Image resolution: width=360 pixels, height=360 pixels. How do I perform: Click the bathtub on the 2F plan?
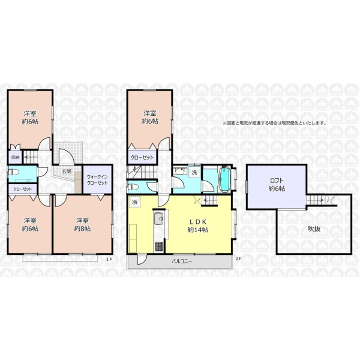(x=225, y=179)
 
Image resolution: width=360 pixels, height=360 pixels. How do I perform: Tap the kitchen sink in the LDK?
(x=158, y=218)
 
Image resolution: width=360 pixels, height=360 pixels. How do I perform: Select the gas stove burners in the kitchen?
(x=159, y=247)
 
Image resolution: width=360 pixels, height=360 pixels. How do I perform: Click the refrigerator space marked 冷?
(x=135, y=202)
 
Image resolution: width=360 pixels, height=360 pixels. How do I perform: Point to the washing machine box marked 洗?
(x=194, y=172)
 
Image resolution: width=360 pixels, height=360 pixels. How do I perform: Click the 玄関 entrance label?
(x=67, y=171)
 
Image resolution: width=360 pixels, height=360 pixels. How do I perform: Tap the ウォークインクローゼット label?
(x=97, y=180)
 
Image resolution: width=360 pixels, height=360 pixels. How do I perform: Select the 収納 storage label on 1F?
(x=15, y=157)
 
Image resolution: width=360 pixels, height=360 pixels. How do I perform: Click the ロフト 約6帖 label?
(x=277, y=185)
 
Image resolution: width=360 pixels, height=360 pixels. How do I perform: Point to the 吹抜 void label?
(x=314, y=229)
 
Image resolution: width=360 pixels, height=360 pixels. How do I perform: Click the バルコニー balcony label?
(x=182, y=261)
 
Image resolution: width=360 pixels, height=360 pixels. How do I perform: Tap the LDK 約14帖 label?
(x=197, y=226)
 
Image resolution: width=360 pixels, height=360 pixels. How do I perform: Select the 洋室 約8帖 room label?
(x=82, y=225)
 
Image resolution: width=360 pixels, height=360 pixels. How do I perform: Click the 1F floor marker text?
(x=109, y=259)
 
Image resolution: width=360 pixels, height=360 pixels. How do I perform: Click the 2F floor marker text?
(x=239, y=258)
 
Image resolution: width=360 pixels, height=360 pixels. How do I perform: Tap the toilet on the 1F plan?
(x=13, y=172)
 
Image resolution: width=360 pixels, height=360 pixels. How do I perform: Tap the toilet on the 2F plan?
(x=133, y=187)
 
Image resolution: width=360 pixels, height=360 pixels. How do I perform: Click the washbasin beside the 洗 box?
(x=180, y=171)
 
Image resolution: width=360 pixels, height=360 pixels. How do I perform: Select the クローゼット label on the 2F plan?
(x=142, y=157)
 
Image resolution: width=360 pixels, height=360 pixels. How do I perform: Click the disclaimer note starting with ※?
(x=275, y=123)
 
